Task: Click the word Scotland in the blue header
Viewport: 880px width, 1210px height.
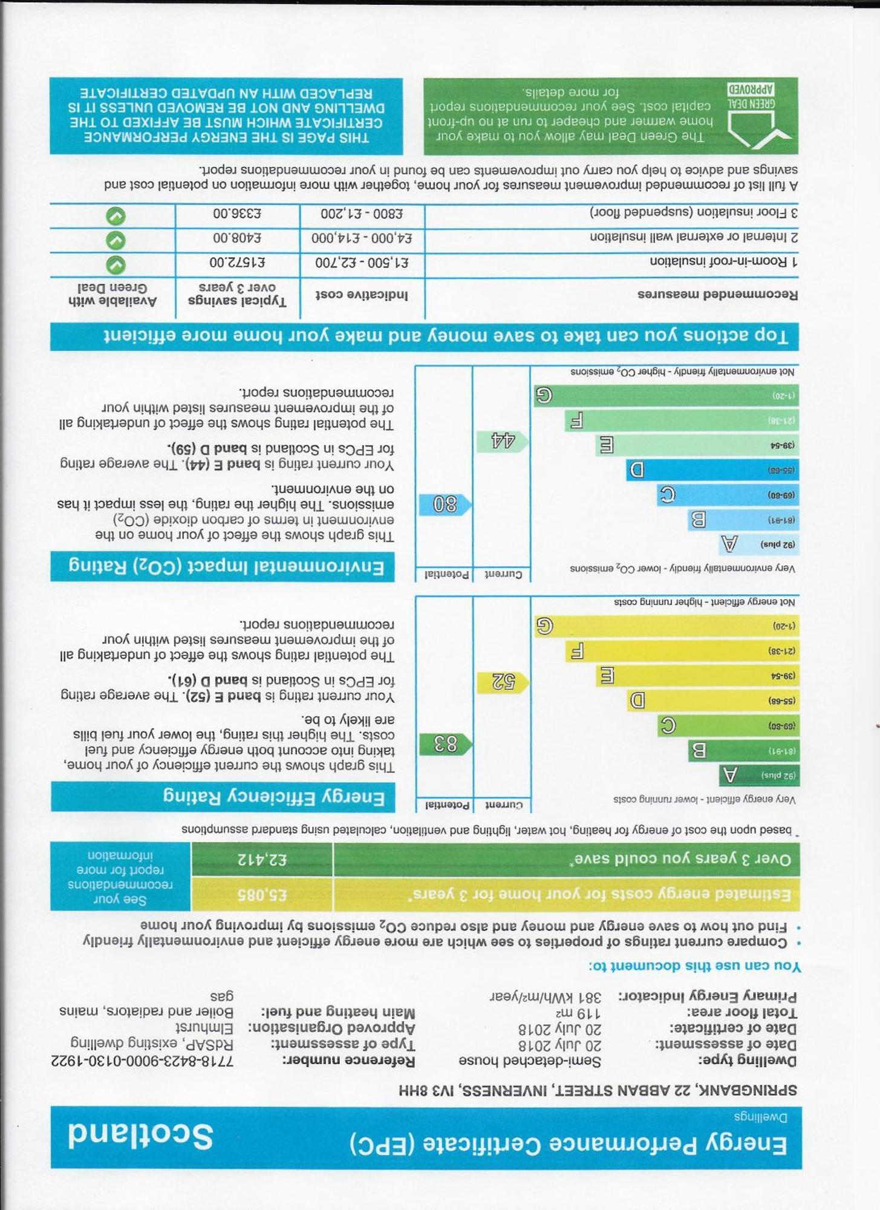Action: pos(140,1136)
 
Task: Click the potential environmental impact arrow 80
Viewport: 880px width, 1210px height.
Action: pos(445,504)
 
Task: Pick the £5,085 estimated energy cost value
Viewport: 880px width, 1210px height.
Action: pos(262,894)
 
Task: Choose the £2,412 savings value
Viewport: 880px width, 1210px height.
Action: pos(262,859)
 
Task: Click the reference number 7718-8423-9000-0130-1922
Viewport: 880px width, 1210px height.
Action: pos(142,1061)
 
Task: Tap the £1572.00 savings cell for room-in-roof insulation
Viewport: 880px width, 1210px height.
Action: pos(237,263)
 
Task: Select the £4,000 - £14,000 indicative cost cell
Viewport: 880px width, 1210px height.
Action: pos(362,238)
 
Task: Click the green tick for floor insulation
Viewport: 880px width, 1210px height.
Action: pos(116,216)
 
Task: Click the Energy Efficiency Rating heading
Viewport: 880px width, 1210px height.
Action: pos(273,797)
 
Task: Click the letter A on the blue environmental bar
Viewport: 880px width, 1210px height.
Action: pos(730,544)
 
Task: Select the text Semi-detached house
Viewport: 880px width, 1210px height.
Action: pos(530,1061)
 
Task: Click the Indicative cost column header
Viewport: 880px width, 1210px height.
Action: pos(362,295)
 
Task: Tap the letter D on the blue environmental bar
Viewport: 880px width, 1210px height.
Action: pos(636,469)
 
